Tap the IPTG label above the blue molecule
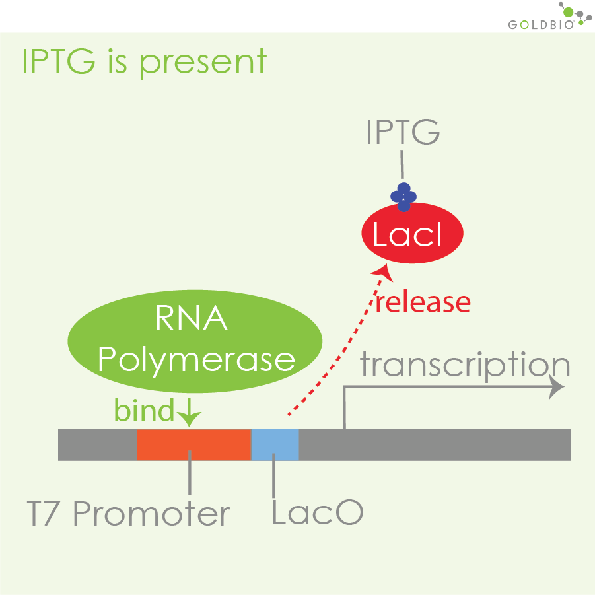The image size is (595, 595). (403, 133)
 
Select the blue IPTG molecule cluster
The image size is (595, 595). (403, 197)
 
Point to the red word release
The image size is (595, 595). (423, 302)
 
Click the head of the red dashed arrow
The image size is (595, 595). (380, 270)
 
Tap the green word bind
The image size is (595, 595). (144, 410)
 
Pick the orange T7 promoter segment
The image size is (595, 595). (193, 444)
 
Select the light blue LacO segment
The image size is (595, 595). (275, 444)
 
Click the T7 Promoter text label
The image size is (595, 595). (129, 514)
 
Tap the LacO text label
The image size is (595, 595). (317, 514)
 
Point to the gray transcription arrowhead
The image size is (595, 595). (559, 388)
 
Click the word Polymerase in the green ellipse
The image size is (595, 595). (196, 359)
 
